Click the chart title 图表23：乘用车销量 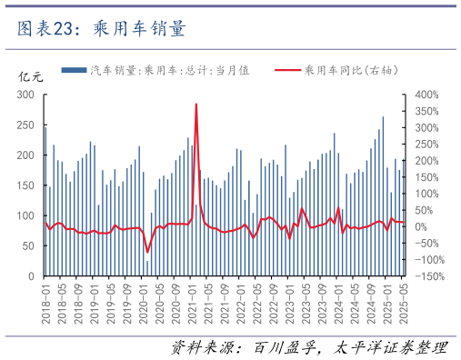[102, 29]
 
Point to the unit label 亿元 [30, 77]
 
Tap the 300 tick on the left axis [25, 95]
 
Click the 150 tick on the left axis [25, 185]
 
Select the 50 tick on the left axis [28, 246]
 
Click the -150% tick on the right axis [424, 276]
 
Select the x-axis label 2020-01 [143, 301]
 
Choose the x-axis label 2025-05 [403, 301]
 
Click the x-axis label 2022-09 [273, 301]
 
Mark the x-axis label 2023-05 [306, 301]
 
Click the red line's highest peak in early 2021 [196, 104]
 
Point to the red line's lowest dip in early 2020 [147, 252]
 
